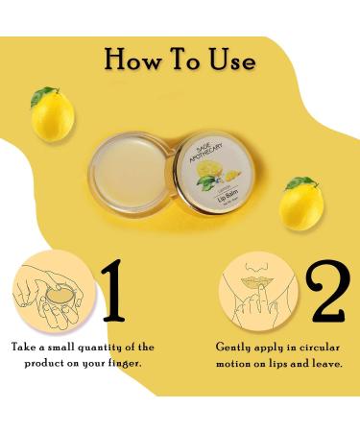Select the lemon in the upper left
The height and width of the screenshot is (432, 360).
coord(52,116)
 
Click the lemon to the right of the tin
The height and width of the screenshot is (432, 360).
coord(300,203)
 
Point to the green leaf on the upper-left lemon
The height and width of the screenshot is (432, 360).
coord(43,96)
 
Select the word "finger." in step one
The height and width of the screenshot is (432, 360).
coord(126,365)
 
